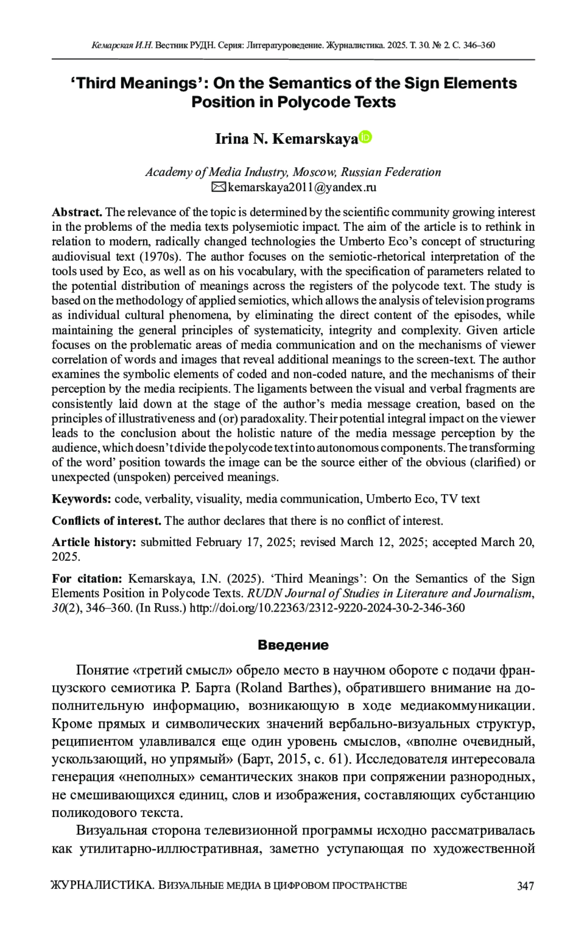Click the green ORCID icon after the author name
(365, 137)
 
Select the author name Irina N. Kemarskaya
(287, 140)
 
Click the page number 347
(525, 886)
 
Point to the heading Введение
(293, 645)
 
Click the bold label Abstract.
(77, 212)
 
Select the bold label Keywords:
(82, 499)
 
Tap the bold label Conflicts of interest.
(106, 520)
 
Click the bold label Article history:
(94, 542)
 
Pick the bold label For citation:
(87, 578)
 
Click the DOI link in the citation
(327, 608)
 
